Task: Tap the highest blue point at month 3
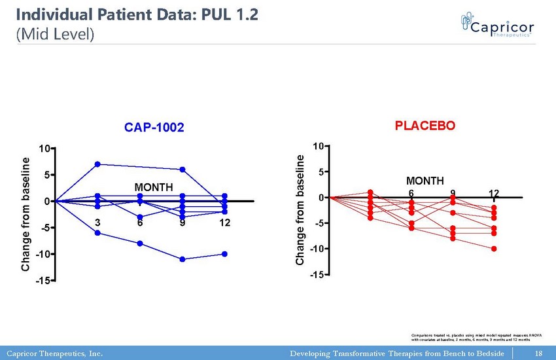pyautogui.click(x=97, y=164)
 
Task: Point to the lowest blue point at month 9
pyautogui.click(x=182, y=259)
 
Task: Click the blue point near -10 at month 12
pyautogui.click(x=224, y=254)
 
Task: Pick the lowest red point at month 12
pyautogui.click(x=494, y=249)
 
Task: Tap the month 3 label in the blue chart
pyautogui.click(x=97, y=224)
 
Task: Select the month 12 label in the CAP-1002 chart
pyautogui.click(x=224, y=224)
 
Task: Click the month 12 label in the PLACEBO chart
pyautogui.click(x=494, y=193)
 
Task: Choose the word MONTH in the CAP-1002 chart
pyautogui.click(x=154, y=189)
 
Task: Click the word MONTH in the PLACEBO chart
pyautogui.click(x=425, y=181)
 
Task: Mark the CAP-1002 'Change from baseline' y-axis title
pyautogui.click(x=26, y=214)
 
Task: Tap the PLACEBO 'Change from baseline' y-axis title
pyautogui.click(x=300, y=210)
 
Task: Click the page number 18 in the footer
pyautogui.click(x=539, y=353)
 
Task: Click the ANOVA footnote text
pyautogui.click(x=470, y=336)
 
